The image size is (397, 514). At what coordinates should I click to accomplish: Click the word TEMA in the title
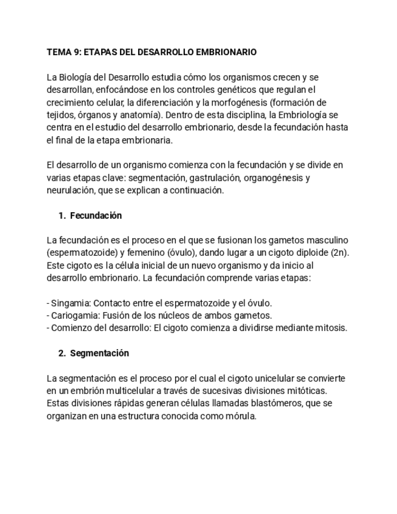[58, 52]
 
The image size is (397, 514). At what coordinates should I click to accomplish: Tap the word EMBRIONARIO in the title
[226, 52]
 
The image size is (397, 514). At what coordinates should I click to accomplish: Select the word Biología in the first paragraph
[74, 78]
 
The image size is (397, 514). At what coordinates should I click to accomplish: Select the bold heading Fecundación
[96, 216]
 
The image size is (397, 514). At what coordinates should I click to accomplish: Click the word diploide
[309, 253]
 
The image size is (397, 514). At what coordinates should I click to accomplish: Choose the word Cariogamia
[72, 316]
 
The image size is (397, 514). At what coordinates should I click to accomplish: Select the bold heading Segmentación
[99, 353]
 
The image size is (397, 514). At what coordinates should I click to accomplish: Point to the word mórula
[241, 416]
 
